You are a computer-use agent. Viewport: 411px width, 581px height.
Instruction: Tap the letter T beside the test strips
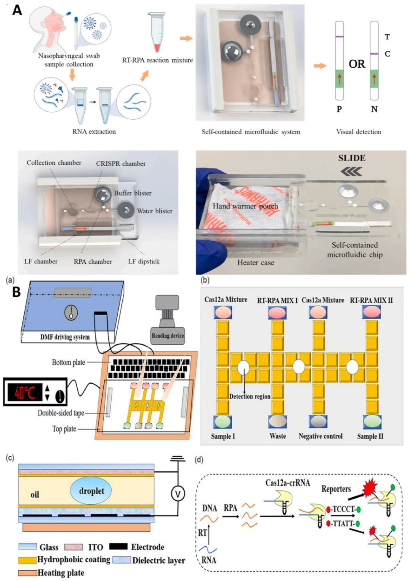387,37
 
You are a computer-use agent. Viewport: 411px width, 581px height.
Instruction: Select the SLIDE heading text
352,158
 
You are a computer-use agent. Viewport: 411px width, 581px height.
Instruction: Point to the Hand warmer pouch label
245,206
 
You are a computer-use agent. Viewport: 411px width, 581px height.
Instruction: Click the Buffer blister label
133,193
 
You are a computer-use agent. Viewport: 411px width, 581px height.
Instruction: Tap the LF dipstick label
144,261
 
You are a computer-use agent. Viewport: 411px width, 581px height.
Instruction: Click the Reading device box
167,336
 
